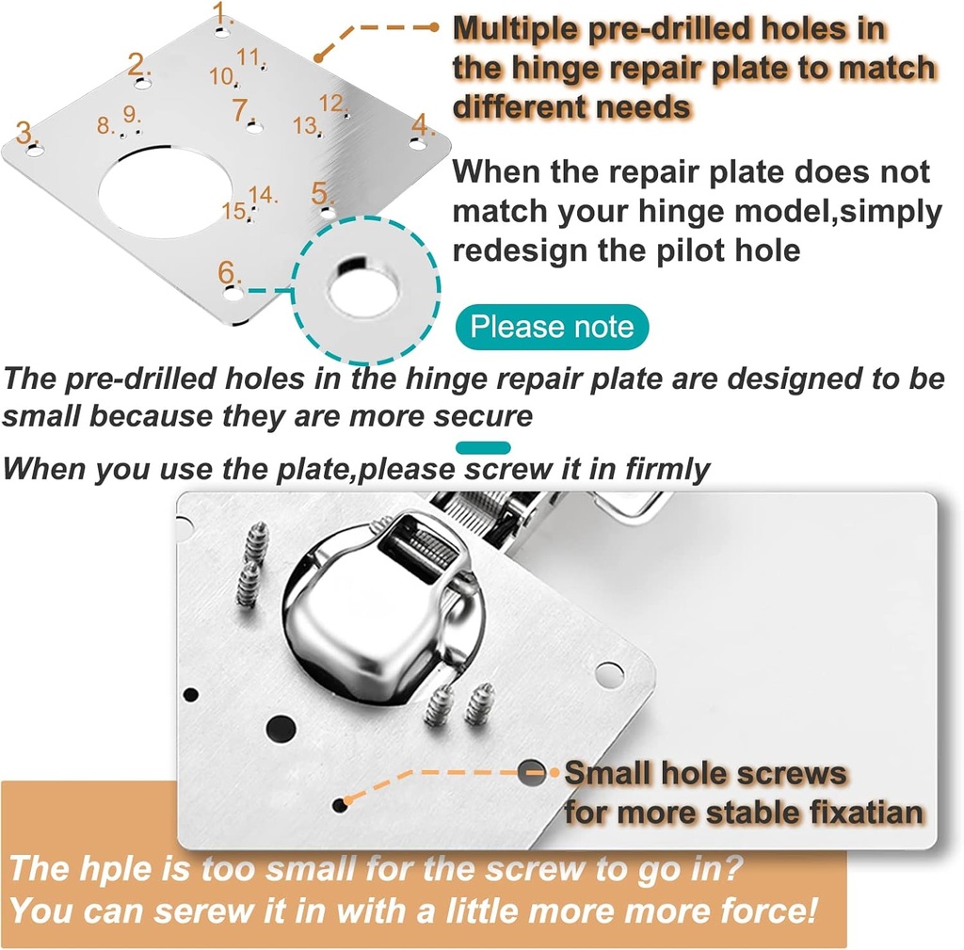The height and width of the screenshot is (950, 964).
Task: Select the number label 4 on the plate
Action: tap(420, 124)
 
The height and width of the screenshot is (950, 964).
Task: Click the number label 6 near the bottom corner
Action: tap(228, 272)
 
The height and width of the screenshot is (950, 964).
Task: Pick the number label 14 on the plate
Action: tap(265, 195)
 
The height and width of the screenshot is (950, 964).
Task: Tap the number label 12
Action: tap(330, 103)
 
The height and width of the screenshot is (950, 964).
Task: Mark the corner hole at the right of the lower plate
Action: tap(609, 674)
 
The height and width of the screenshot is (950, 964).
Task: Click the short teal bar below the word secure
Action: tap(483, 448)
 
